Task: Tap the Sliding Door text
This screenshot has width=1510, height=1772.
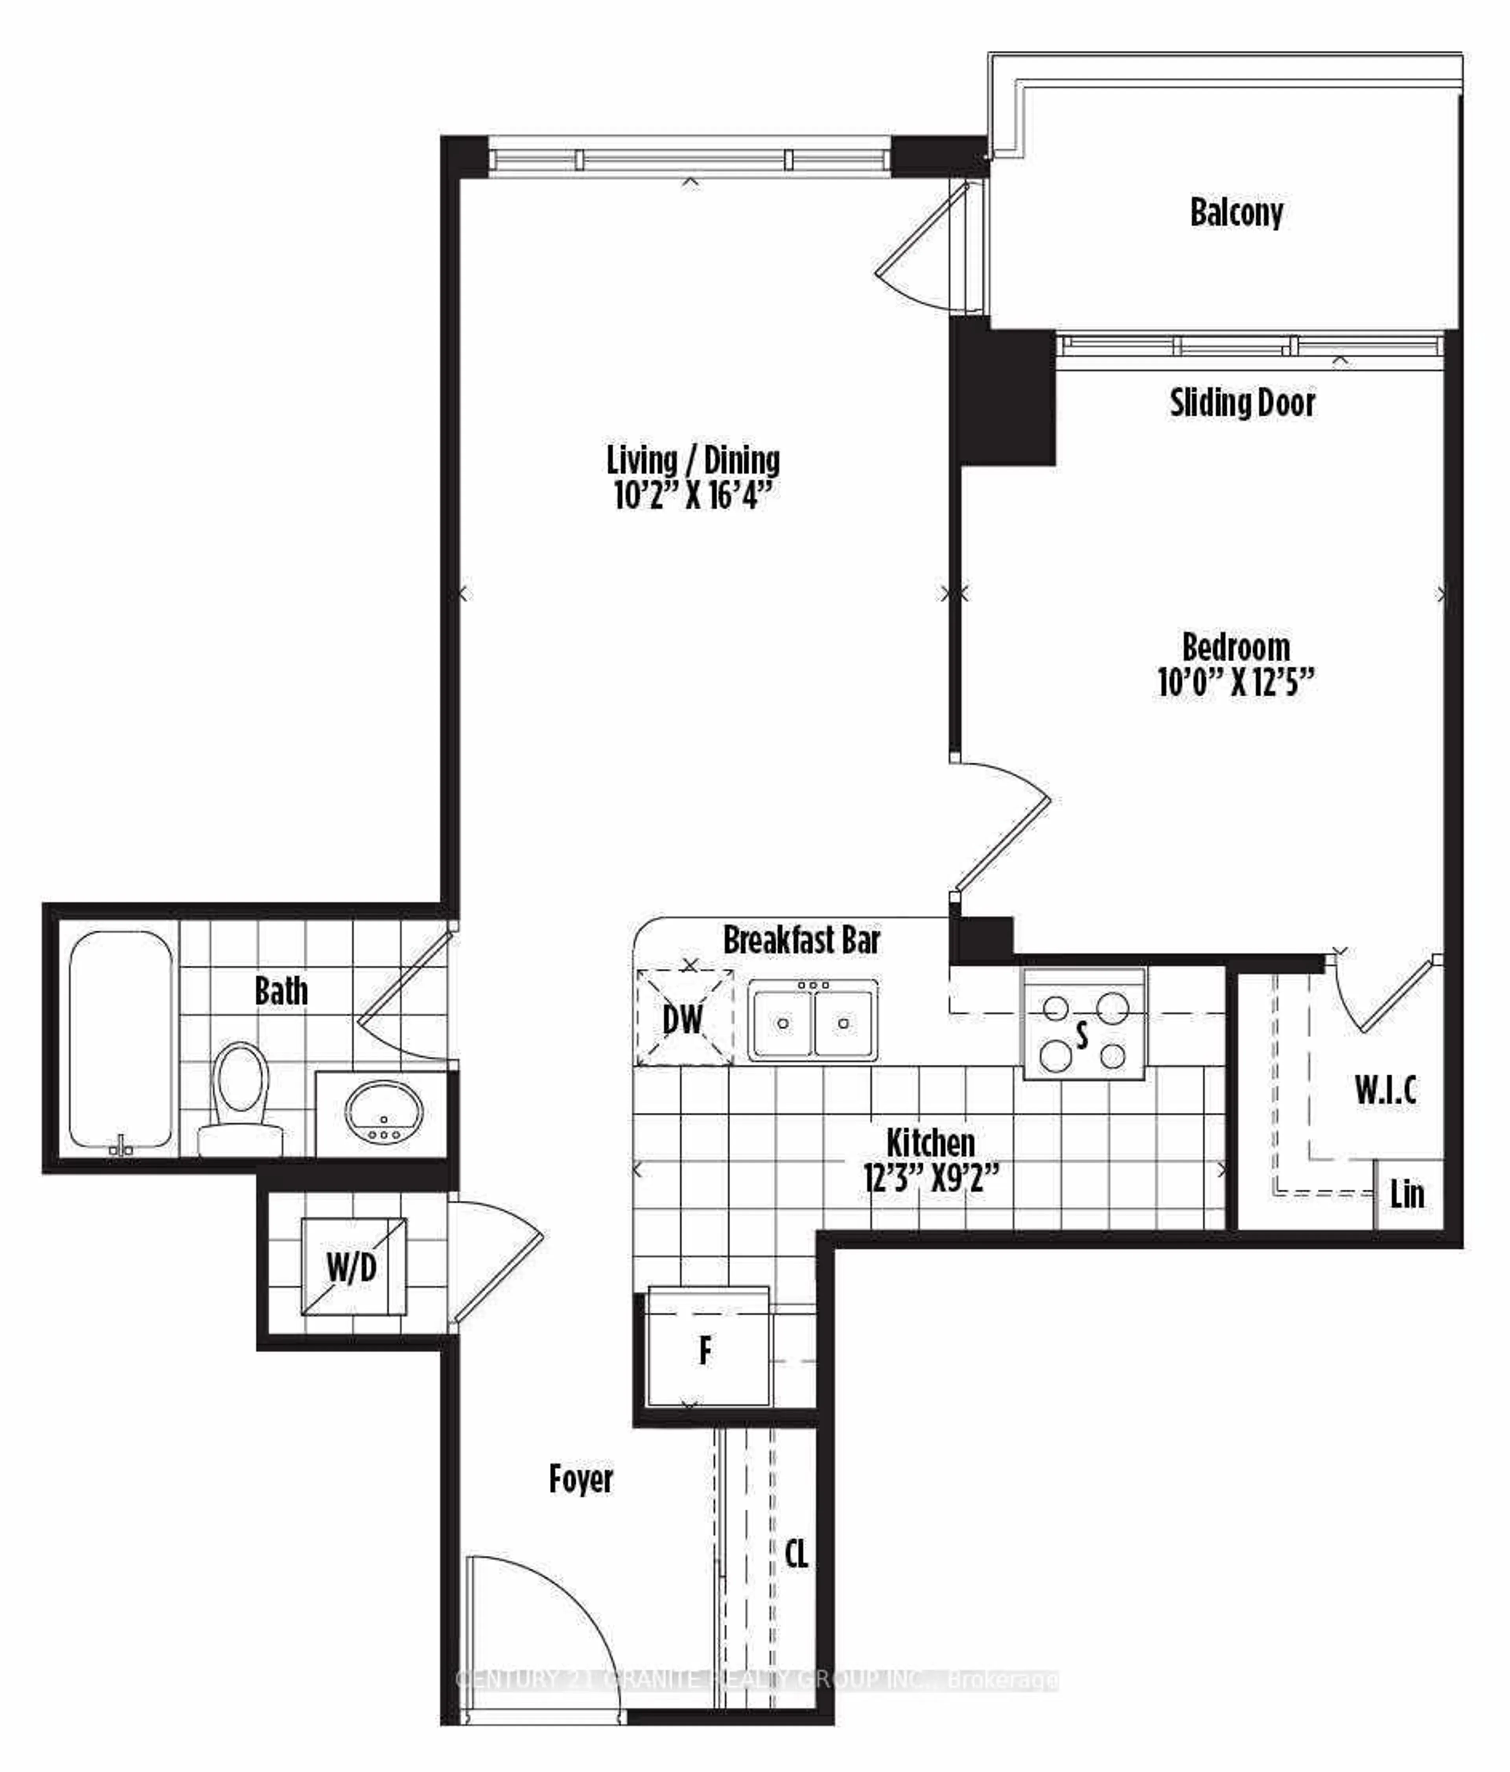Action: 1241,403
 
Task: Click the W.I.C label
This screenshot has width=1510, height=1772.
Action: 1385,1091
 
